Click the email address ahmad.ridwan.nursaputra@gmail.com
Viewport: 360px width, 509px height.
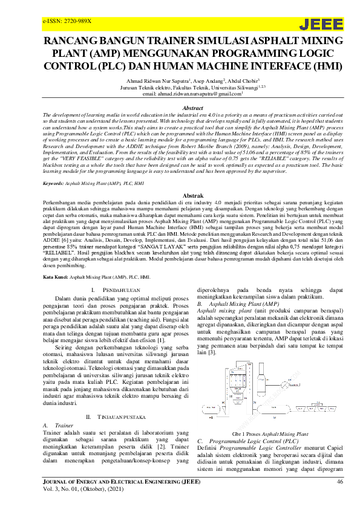coord(191,94)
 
